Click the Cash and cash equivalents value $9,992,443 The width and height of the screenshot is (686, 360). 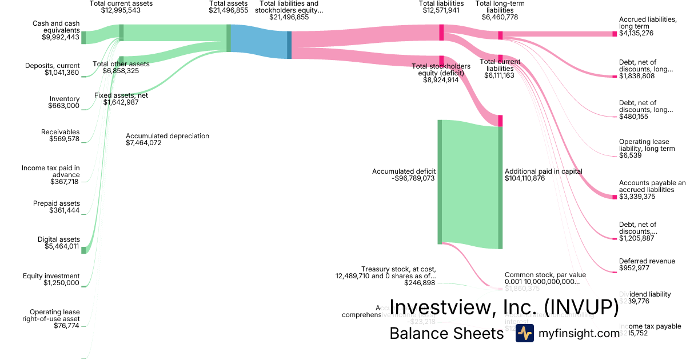pos(61,37)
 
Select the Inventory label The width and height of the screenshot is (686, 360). pos(65,99)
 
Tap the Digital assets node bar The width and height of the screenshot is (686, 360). pos(83,250)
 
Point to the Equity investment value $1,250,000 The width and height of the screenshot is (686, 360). pos(61,283)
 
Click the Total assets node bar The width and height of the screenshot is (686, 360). pos(229,38)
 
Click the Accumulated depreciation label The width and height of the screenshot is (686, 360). pos(167,136)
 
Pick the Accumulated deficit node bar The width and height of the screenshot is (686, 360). pos(440,182)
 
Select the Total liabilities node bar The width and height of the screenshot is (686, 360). pos(441,32)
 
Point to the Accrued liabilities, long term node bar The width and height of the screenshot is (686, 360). pos(615,34)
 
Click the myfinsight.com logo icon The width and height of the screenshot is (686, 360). pos(524,333)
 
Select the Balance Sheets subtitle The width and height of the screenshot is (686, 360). pos(446,333)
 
